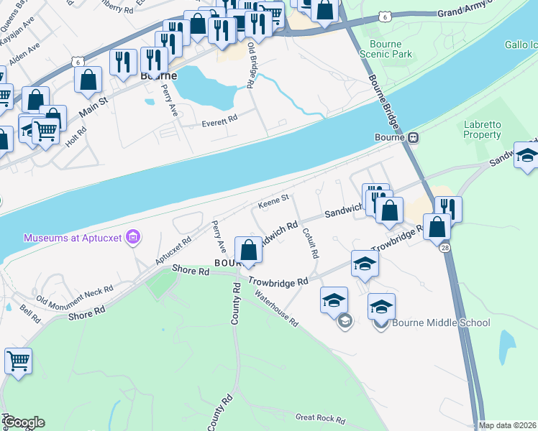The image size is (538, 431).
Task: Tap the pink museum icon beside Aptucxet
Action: click(132, 236)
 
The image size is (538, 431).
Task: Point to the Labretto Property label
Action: click(482, 130)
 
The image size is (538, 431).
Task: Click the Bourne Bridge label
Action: click(391, 137)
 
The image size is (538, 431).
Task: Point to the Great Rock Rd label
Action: click(320, 417)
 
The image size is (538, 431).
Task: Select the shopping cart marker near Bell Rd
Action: click(18, 361)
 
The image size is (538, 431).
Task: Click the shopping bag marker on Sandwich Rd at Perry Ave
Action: click(248, 251)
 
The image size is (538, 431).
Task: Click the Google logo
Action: click(24, 422)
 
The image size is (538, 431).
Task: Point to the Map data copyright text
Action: click(507, 425)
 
